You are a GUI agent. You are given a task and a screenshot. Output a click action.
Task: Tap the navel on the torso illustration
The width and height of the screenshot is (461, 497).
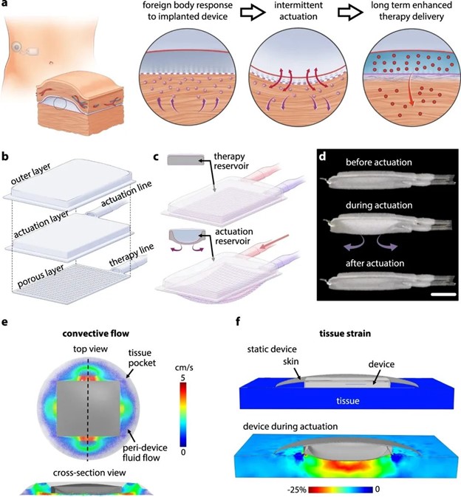coord(52,63)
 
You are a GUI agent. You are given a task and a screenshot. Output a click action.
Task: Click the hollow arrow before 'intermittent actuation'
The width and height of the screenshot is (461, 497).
coord(253,12)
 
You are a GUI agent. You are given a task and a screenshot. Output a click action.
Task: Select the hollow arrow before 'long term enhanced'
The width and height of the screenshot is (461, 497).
coord(350,12)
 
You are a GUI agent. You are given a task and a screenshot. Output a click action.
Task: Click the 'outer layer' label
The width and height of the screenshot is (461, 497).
coord(30,174)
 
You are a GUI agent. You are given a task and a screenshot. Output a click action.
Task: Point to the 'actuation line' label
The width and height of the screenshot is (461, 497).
coord(126,193)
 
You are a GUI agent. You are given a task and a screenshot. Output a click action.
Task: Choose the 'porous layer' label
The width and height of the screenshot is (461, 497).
coord(41,276)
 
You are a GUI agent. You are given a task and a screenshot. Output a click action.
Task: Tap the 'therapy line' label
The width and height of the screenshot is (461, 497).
coord(132,256)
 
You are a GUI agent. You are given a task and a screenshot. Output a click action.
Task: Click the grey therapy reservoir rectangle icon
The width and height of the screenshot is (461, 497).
coord(185,160)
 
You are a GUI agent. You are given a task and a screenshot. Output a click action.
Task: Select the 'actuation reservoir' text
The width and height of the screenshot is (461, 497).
coord(233,236)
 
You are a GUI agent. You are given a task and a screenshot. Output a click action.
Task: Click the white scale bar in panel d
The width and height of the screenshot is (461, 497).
coord(443,295)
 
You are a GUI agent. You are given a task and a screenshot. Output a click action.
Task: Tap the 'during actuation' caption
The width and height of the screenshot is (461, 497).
coord(379,205)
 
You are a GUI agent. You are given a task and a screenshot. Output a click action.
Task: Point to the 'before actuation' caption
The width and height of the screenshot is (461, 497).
coord(379,162)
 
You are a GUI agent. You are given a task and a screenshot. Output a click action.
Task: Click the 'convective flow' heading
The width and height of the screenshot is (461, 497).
coord(96,334)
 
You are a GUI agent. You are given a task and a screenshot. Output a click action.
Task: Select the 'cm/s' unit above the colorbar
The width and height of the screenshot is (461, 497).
coord(184,368)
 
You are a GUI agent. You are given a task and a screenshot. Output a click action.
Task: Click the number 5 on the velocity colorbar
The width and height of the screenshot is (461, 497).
coord(183,378)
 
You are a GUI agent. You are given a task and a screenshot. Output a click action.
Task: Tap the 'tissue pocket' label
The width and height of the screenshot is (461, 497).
coord(142,357)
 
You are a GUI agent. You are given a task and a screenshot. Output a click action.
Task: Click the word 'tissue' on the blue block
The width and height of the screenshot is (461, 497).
coord(348,401)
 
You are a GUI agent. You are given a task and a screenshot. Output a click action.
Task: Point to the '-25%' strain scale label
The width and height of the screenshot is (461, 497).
coord(297,490)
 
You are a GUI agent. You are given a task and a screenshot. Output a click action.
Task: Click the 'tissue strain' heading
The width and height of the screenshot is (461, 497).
coord(345,334)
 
